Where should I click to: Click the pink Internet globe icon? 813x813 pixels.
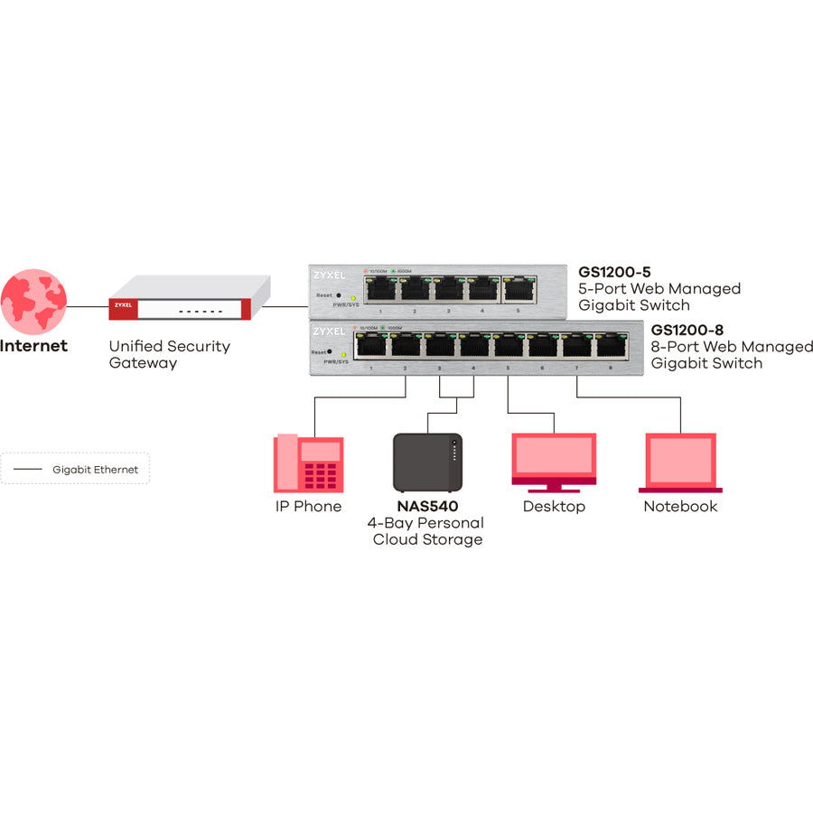[x=33, y=301]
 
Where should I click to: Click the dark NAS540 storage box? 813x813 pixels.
[x=427, y=462]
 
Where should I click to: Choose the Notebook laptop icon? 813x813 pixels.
[x=680, y=462]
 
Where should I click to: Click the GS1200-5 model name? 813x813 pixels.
[x=614, y=271]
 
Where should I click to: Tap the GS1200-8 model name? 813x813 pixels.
[x=687, y=330]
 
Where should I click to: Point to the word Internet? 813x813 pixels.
[x=33, y=346]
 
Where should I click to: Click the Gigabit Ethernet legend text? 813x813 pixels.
[x=95, y=470]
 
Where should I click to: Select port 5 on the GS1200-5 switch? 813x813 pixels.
[x=518, y=289]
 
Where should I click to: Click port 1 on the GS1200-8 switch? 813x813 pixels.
[x=370, y=345]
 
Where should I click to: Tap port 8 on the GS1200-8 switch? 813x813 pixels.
[x=610, y=345]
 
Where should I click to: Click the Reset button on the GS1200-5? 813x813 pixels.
[x=339, y=295]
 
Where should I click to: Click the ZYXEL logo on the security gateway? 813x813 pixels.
[x=122, y=305]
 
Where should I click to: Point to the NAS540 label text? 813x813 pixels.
[x=427, y=506]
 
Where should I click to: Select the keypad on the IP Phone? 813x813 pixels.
[x=320, y=475]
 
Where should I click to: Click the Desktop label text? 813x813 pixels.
[x=554, y=506]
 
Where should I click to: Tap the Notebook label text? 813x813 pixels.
[x=680, y=506]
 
